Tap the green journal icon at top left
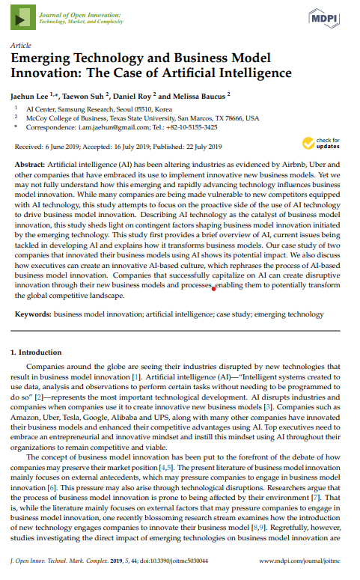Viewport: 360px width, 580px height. [22, 17]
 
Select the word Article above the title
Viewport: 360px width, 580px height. [20, 46]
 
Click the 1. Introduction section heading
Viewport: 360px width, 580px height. [41, 352]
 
